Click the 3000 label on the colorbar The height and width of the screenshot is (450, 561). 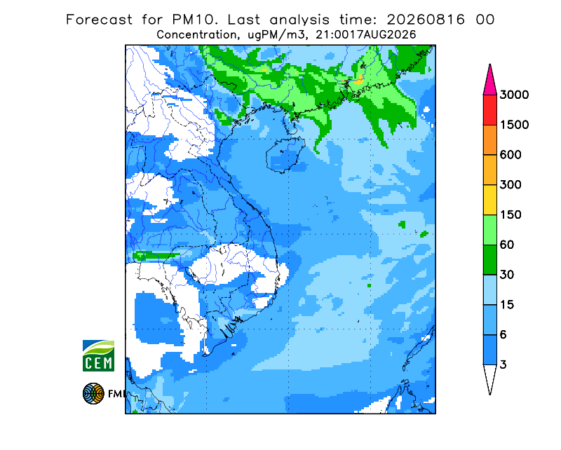[x=514, y=95]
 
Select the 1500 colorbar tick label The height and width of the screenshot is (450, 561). [x=514, y=125]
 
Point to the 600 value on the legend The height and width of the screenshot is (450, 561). [x=511, y=155]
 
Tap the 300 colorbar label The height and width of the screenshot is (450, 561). [x=511, y=185]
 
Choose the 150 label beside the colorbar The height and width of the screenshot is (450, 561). [x=511, y=215]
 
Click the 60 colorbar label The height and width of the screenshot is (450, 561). [x=507, y=245]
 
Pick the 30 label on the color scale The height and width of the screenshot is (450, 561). [x=507, y=275]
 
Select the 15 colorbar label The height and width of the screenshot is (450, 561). [x=507, y=305]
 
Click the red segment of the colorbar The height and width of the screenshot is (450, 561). [x=489, y=110]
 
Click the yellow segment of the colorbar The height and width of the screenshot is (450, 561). [x=489, y=200]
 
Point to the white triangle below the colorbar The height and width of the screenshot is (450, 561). [x=489, y=377]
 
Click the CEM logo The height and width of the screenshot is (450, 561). [x=98, y=355]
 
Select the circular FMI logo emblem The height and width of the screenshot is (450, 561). [x=93, y=393]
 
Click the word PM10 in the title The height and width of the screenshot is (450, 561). [x=194, y=20]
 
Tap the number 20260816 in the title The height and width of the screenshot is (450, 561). [x=426, y=20]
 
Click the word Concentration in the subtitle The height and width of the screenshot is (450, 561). [x=197, y=35]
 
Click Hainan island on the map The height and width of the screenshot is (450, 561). [x=285, y=154]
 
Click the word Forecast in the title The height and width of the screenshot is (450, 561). [x=99, y=20]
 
